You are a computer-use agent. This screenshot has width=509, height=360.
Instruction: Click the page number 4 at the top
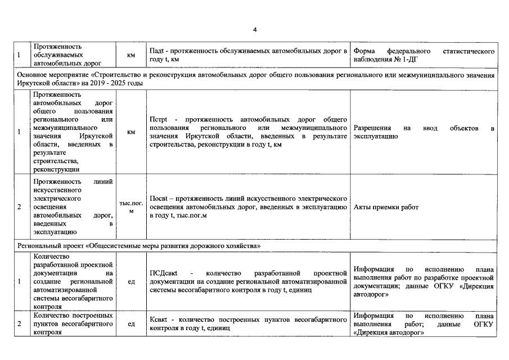(255, 29)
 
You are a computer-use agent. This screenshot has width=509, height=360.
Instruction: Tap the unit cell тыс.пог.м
(131, 207)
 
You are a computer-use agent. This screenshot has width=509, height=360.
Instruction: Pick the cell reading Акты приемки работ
(386, 207)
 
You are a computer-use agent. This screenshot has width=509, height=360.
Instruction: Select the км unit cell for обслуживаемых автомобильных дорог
(131, 55)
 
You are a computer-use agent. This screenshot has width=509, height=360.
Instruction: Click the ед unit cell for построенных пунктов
(131, 323)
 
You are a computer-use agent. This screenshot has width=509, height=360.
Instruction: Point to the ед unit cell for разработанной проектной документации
(131, 281)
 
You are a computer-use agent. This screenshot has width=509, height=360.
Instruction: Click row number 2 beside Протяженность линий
(20, 207)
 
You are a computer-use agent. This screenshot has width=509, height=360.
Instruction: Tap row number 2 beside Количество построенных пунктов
(20, 323)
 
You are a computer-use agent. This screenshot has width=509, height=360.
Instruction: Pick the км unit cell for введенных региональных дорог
(131, 132)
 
